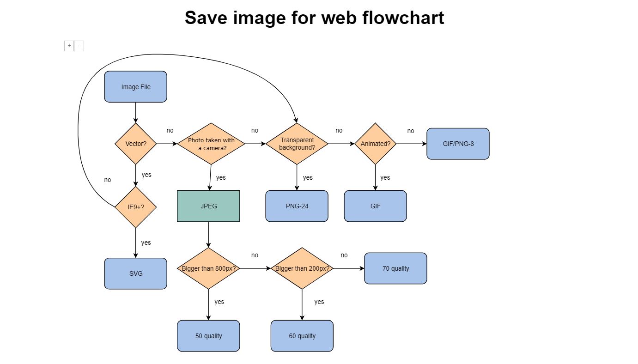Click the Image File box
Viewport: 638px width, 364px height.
(x=135, y=87)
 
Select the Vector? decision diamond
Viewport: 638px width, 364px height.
(x=135, y=144)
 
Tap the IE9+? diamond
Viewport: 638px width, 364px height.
(x=135, y=207)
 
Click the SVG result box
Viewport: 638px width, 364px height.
(x=135, y=273)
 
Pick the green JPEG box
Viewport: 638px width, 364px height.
(x=208, y=206)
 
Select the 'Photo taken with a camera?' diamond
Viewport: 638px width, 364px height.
(x=211, y=144)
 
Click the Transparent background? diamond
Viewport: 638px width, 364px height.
(x=297, y=144)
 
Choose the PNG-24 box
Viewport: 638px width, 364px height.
(x=297, y=206)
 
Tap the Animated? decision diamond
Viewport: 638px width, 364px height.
(x=375, y=144)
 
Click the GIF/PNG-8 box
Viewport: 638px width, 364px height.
(x=458, y=144)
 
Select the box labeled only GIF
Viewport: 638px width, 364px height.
(x=375, y=206)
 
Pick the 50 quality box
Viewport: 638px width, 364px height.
(x=208, y=336)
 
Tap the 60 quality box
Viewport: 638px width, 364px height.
(x=302, y=336)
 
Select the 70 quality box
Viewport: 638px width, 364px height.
(x=395, y=268)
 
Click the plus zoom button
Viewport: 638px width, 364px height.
(x=69, y=46)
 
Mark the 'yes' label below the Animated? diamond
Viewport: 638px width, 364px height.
(x=385, y=177)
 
